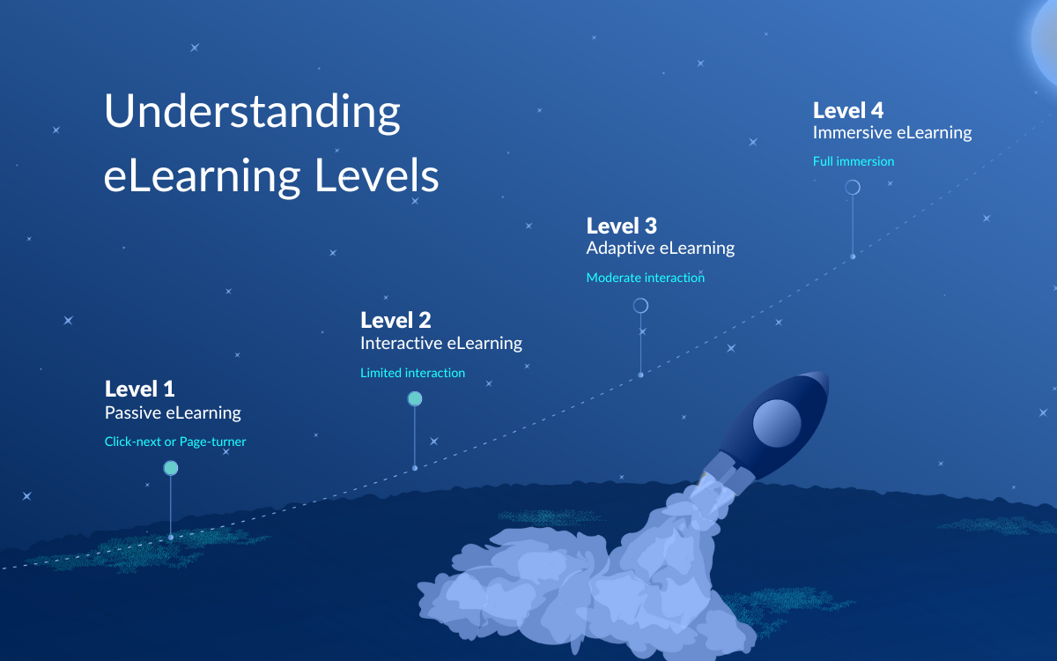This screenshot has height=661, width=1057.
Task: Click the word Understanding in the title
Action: [252, 113]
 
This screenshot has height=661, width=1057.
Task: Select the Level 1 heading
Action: [140, 389]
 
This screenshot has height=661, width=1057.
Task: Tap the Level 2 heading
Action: [395, 320]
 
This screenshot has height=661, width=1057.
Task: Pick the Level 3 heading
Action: [622, 226]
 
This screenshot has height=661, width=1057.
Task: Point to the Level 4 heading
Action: [848, 110]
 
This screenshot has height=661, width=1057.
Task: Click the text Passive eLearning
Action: [173, 412]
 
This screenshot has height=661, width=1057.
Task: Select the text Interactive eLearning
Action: [441, 343]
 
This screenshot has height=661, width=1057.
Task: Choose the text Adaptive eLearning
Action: [661, 248]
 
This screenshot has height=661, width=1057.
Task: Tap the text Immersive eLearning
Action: [892, 133]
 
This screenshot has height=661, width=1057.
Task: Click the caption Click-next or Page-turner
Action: [175, 442]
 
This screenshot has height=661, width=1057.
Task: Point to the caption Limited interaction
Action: [412, 373]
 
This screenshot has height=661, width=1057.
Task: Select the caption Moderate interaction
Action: [646, 278]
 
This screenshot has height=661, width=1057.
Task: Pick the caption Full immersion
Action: [854, 161]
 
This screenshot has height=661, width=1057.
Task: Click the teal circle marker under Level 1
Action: [171, 468]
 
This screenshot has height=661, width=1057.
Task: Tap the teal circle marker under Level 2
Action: [415, 399]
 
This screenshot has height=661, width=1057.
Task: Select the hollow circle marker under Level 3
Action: [640, 306]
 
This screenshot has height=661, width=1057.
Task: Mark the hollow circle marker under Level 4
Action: [853, 188]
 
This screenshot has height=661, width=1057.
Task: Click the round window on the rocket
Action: [777, 422]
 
